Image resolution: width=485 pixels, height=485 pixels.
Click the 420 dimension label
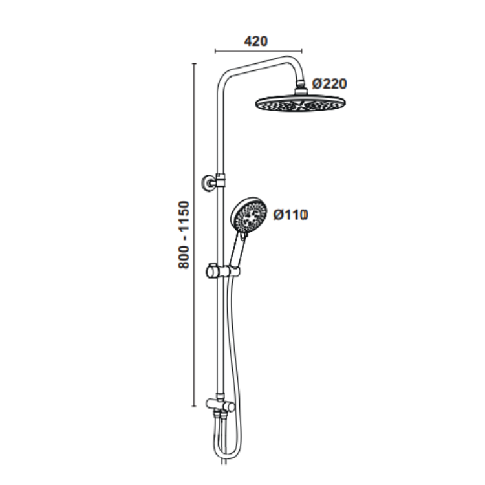pyautogui.click(x=256, y=41)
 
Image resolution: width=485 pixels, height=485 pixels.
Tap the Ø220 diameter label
pyautogui.click(x=329, y=83)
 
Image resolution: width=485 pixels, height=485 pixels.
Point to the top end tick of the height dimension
pyautogui.click(x=195, y=63)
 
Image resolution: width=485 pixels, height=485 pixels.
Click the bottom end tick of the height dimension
pyautogui.click(x=195, y=407)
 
